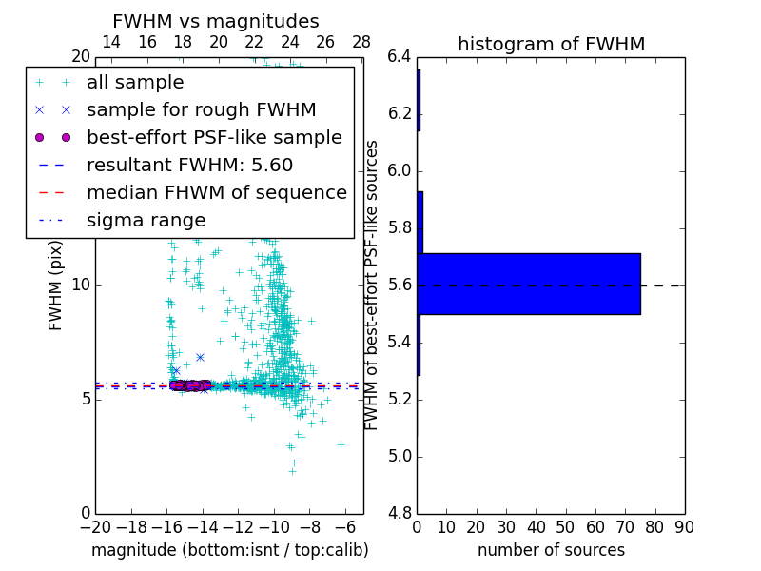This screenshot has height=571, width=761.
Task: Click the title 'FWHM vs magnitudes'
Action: (216, 21)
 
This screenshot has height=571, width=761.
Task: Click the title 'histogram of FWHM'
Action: (551, 44)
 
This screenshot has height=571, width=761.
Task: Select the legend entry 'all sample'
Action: (135, 83)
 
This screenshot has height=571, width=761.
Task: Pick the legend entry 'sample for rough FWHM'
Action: (201, 110)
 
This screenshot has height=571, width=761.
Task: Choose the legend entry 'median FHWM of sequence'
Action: (216, 193)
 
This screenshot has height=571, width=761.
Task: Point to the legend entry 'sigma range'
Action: (146, 221)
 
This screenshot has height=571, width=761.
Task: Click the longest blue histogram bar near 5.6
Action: (529, 284)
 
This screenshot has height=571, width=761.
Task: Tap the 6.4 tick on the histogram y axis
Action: (401, 57)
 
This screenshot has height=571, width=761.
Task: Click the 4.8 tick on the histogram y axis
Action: (401, 514)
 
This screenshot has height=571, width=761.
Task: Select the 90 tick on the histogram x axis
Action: (684, 527)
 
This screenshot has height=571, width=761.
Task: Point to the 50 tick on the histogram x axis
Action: (565, 527)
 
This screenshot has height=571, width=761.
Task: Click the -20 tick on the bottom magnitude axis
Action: (95, 527)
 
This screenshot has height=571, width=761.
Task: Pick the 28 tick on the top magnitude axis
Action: (361, 42)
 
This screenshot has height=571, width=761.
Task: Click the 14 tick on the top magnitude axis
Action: (111, 42)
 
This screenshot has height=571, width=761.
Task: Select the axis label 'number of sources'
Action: (551, 550)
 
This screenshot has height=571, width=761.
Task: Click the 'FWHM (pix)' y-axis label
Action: (56, 285)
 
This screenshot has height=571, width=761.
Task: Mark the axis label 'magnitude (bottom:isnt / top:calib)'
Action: (229, 550)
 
